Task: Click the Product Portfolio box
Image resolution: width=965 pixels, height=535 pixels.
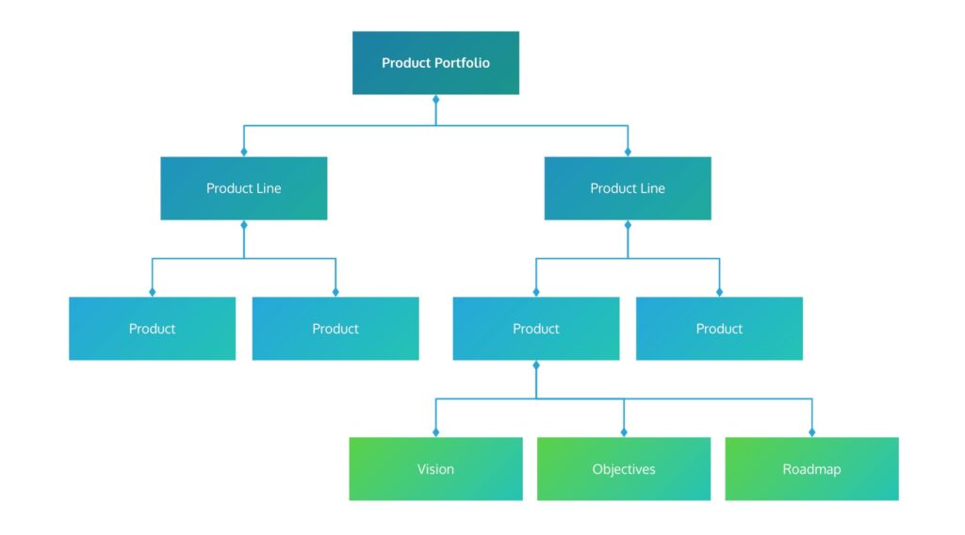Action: [x=435, y=63]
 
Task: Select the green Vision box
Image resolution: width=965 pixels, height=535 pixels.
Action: [x=435, y=468]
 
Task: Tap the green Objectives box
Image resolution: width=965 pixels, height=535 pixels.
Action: [x=624, y=468]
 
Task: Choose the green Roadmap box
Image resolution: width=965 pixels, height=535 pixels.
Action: [x=811, y=468]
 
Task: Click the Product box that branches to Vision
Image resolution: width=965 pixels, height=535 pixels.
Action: [x=535, y=329]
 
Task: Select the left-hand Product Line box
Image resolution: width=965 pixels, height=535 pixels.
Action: [x=243, y=188]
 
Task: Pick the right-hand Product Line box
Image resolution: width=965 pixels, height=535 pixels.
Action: [x=628, y=188]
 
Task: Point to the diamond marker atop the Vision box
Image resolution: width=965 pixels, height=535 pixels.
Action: [x=435, y=432]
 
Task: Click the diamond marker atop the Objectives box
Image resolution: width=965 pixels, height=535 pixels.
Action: [x=624, y=432]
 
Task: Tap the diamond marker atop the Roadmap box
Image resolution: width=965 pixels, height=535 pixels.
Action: [x=811, y=432]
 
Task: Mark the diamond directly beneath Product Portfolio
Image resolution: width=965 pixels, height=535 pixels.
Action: [x=435, y=99]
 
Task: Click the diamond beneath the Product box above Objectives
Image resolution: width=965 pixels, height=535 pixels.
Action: [x=535, y=365]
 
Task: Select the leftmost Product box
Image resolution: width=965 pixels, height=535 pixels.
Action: [x=152, y=329]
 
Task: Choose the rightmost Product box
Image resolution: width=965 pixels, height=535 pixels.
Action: [x=719, y=329]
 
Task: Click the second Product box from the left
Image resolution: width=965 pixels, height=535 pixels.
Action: [x=335, y=329]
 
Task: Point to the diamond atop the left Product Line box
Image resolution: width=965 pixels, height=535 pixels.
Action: [x=243, y=152]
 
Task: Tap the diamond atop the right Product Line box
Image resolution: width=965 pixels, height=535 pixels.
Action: [x=628, y=152]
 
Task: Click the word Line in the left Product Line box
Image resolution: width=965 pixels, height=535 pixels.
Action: [x=269, y=188]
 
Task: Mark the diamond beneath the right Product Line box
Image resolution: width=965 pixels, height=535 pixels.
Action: [x=628, y=225]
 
